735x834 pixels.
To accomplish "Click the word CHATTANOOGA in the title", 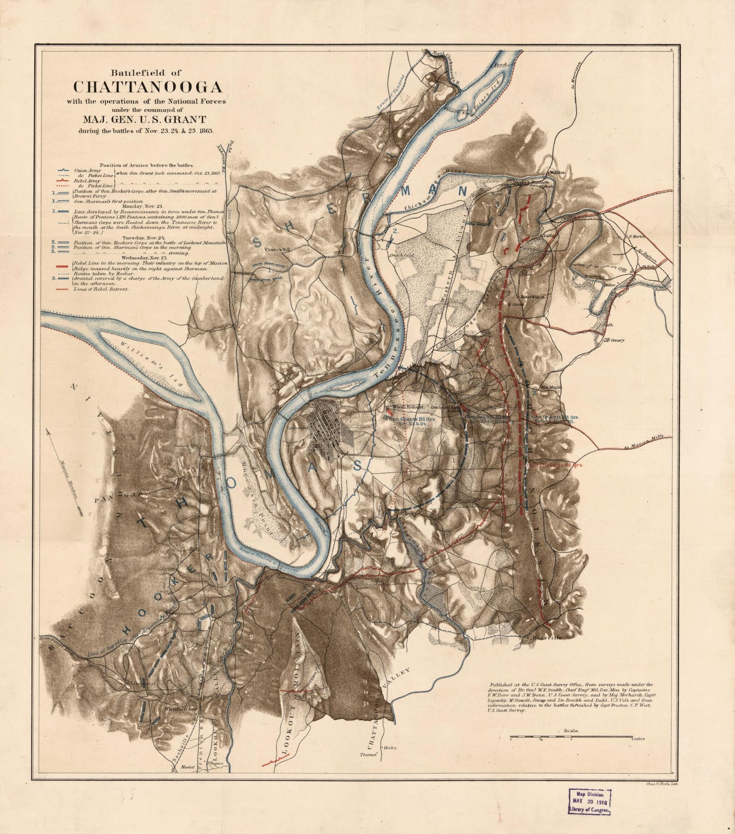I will (147, 87).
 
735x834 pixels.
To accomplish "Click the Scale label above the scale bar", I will (571, 730).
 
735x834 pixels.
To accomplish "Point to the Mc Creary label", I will (614, 340).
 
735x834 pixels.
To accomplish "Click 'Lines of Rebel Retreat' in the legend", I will (101, 289).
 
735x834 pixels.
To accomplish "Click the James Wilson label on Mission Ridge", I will (532, 296).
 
